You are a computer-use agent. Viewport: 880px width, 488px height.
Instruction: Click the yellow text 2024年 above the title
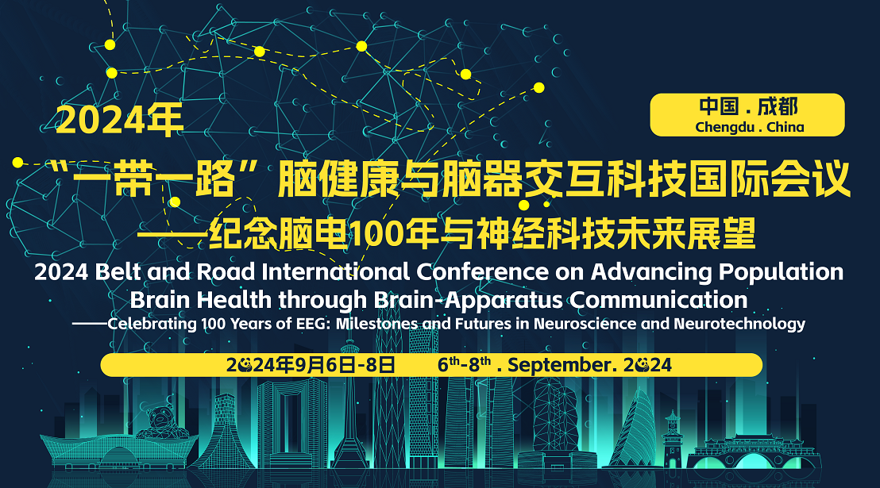click(120, 120)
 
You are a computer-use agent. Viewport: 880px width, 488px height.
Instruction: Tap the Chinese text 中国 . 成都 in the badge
click(748, 106)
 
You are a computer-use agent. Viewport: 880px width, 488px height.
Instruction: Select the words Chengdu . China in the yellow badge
click(749, 127)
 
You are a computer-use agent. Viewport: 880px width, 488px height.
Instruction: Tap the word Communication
click(659, 300)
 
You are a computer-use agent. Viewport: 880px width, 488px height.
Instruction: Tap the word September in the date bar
click(558, 366)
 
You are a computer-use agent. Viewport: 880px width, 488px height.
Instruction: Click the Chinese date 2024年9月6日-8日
click(311, 365)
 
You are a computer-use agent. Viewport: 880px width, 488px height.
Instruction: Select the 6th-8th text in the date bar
click(465, 364)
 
